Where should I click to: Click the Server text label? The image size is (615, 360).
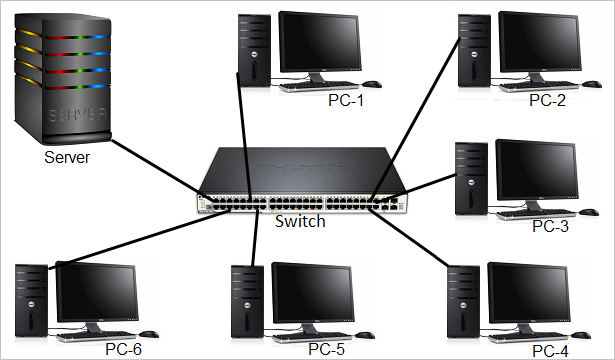66,157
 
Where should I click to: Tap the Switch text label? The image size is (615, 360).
300,220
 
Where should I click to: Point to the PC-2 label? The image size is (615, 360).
547,100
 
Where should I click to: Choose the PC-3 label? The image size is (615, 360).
549,226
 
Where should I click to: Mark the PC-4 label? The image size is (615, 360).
551,350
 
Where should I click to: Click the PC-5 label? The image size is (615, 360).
327,349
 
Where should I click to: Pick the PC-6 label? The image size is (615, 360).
123,350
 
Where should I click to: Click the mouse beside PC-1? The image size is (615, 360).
372,85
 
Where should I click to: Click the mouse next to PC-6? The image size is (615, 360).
148,334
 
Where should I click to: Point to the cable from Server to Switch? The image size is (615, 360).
150,165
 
